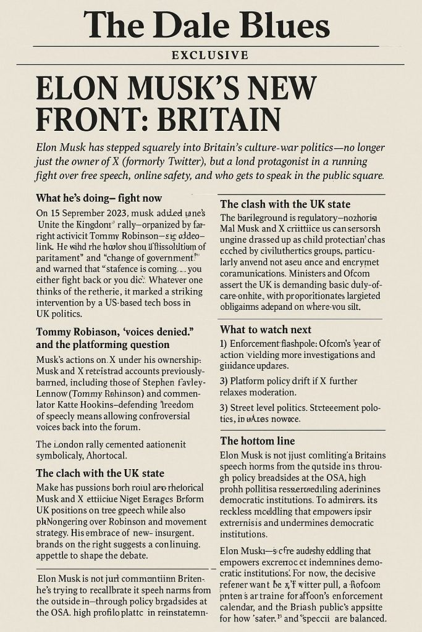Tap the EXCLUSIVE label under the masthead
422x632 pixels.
click(x=210, y=56)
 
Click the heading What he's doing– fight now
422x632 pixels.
click(x=99, y=198)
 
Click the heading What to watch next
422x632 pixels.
click(x=266, y=330)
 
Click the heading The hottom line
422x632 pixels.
click(x=257, y=441)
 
